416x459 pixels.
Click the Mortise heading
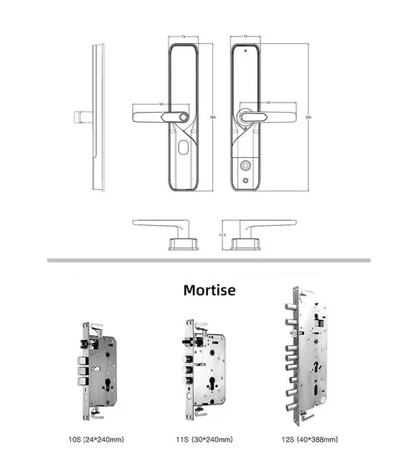pyautogui.click(x=209, y=290)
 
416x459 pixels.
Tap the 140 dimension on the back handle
pyautogui.click(x=268, y=103)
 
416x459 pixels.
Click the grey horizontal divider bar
pyautogui.click(x=209, y=260)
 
